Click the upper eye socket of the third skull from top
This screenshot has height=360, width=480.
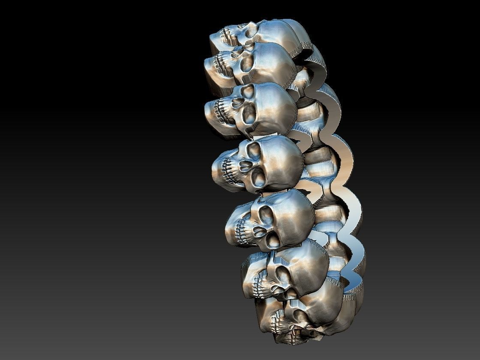(x=248, y=91)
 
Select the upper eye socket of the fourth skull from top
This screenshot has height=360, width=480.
(x=254, y=150)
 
